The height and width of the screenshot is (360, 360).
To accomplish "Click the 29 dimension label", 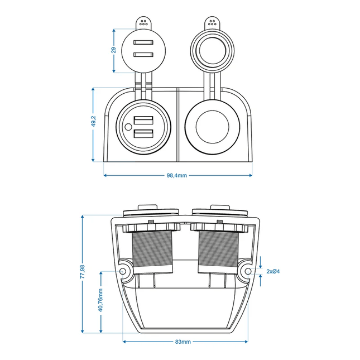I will click(113, 50).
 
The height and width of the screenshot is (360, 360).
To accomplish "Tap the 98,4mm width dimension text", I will click(177, 175).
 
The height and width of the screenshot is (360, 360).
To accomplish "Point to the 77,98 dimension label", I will click(83, 273).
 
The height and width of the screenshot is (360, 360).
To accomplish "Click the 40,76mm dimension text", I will click(100, 306).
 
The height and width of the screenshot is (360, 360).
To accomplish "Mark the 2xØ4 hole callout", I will click(273, 271).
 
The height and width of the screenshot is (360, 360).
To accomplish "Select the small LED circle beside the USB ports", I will click(128, 127).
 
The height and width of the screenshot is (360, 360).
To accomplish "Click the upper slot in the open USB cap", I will click(143, 43).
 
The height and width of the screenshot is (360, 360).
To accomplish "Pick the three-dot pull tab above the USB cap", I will click(143, 23).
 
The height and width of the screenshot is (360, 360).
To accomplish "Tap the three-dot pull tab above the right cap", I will click(212, 23).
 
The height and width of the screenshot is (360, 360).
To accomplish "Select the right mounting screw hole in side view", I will click(246, 272).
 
